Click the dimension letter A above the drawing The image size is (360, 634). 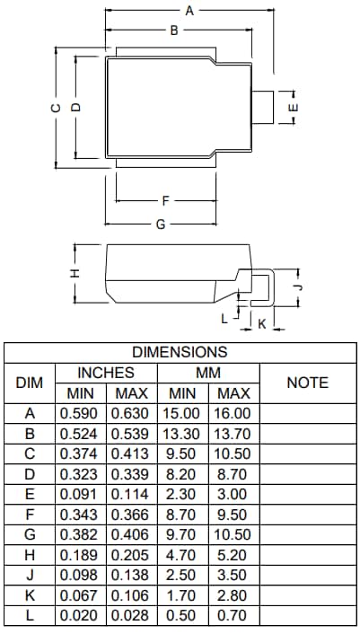(x=189, y=11)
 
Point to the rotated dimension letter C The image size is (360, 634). (x=56, y=107)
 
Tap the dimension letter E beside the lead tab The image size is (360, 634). (x=294, y=107)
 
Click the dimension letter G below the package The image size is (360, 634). (x=161, y=224)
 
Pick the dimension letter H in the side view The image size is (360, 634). (x=76, y=271)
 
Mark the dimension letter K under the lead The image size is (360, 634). (x=261, y=323)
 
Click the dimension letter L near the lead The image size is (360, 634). (x=224, y=318)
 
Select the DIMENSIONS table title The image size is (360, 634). (x=180, y=352)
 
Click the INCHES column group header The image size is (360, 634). (x=106, y=373)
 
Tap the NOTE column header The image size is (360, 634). (x=307, y=383)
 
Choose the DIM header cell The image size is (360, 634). (x=30, y=383)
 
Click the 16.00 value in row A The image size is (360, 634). (x=233, y=414)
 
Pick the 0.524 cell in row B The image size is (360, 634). (x=81, y=434)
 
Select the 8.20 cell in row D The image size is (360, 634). (x=183, y=474)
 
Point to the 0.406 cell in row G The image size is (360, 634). (x=132, y=535)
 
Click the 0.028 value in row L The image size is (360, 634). (x=132, y=616)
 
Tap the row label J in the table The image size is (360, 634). (x=30, y=576)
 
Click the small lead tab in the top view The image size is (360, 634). (x=262, y=107)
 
